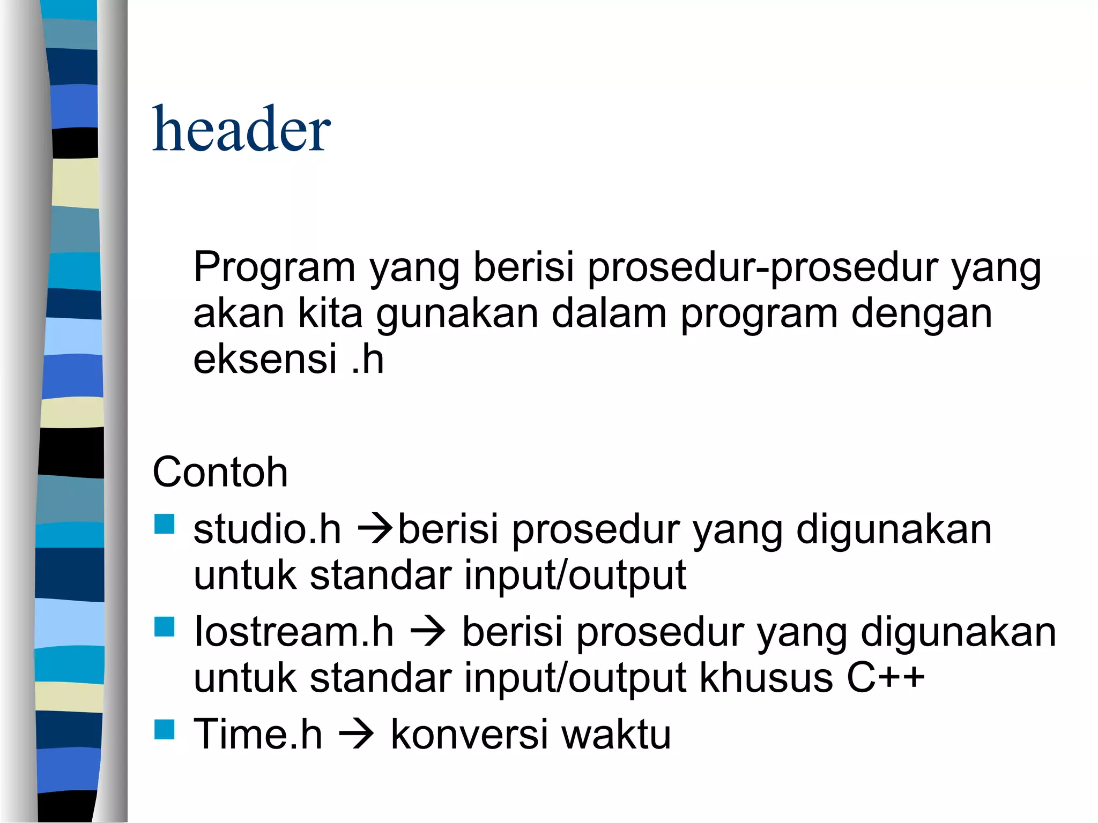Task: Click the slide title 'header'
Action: click(241, 130)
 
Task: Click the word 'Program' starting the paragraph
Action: click(274, 268)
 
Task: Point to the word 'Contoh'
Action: click(220, 473)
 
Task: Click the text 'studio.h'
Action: click(267, 529)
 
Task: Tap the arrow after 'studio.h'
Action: click(375, 530)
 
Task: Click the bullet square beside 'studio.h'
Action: click(165, 525)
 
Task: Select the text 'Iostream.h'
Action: click(293, 632)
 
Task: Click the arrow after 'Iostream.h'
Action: click(427, 633)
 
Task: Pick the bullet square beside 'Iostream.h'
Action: click(165, 627)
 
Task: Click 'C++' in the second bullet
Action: click(886, 678)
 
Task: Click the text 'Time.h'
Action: click(258, 734)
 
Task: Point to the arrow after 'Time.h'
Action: click(357, 735)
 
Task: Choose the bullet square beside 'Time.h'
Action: click(165, 729)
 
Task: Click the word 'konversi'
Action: click(470, 734)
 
